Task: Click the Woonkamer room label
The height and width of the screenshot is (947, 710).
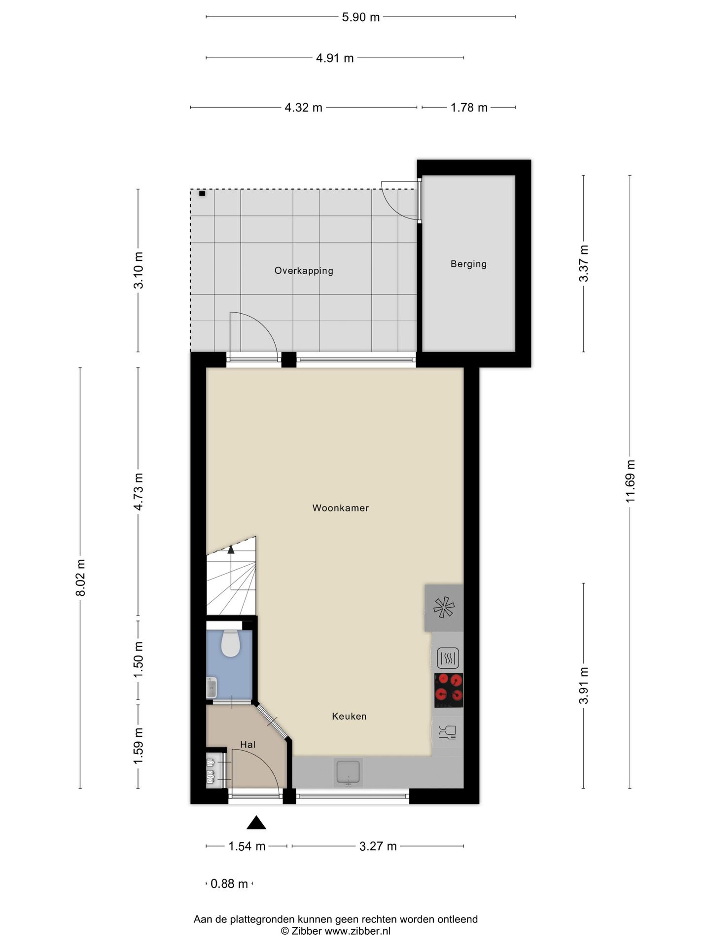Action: coord(340,508)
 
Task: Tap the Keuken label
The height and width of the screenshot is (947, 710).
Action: coord(349,716)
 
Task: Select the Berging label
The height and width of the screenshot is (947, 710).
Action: coord(468,264)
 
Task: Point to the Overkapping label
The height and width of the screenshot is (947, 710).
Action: coord(304,271)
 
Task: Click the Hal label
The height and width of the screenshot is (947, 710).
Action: coord(248,745)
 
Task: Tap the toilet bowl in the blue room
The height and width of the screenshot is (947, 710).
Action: coord(230,643)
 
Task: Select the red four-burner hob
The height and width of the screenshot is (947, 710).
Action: coord(449,691)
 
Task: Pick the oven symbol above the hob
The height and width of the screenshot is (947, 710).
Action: coord(448,658)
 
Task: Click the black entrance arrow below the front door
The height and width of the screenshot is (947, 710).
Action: coord(256,822)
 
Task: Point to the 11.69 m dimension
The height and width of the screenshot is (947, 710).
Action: coord(630,481)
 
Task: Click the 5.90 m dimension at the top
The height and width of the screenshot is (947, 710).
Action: coord(361,17)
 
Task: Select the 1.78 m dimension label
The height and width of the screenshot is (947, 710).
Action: coord(469,108)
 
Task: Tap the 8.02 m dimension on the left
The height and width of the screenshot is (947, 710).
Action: coord(81,577)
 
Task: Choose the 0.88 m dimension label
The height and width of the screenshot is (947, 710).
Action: coord(229,883)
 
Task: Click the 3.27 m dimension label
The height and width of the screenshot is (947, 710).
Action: coord(378,846)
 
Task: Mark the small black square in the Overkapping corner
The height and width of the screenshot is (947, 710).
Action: coord(202,194)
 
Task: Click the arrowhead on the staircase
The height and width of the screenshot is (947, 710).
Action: coord(231,550)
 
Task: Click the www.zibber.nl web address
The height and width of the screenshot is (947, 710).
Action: coord(357,931)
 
